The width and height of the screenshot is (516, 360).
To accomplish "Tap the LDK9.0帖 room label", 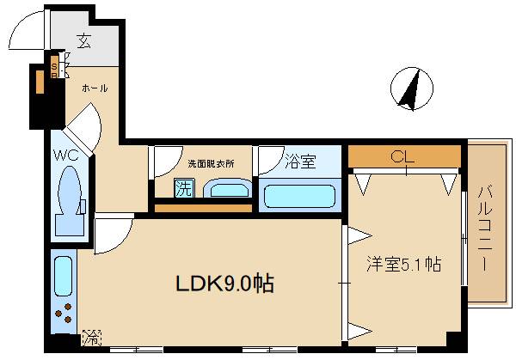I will click(x=225, y=284).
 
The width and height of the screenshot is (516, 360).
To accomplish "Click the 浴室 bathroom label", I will click(x=300, y=161).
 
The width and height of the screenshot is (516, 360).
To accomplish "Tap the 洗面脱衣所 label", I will click(x=211, y=163).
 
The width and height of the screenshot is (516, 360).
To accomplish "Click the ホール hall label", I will click(x=95, y=88).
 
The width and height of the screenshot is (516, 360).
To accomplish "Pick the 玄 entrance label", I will click(x=83, y=41).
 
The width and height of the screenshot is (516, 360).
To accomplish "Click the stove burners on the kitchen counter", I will click(x=64, y=317).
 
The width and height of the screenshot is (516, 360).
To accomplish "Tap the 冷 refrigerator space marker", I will click(x=89, y=339).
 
